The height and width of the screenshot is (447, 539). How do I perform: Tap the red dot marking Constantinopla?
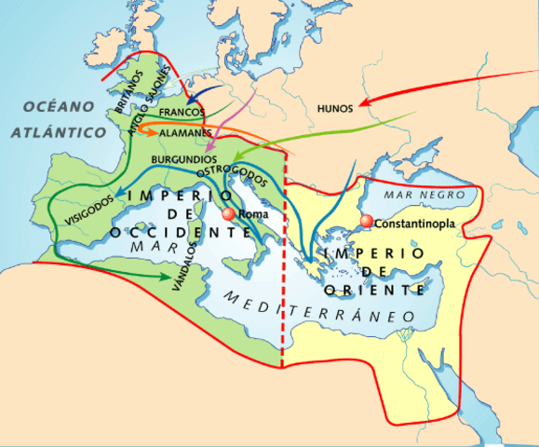[x=367, y=221]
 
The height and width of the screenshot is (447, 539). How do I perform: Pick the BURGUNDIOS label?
[x=186, y=159]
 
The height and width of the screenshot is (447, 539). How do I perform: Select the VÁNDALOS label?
[x=186, y=267]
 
